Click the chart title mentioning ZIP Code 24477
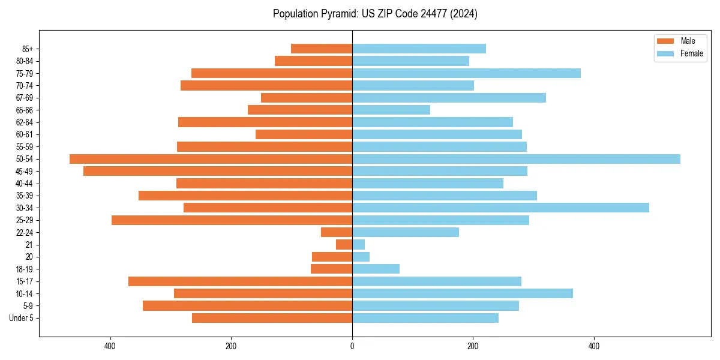click(x=375, y=14)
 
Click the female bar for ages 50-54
click(x=516, y=159)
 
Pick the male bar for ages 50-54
click(x=211, y=159)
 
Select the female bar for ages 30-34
click(x=500, y=208)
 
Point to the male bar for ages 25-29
click(x=232, y=220)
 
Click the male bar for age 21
click(x=344, y=245)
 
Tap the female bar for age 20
click(x=361, y=257)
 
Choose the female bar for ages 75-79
click(x=466, y=73)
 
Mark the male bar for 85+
click(x=322, y=49)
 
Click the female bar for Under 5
click(x=425, y=318)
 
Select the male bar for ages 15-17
click(x=240, y=281)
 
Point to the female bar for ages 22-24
click(x=406, y=232)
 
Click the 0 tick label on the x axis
click(x=352, y=346)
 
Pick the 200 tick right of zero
click(x=473, y=346)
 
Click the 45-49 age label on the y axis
click(x=25, y=171)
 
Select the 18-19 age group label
click(x=25, y=269)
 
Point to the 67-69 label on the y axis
click(x=25, y=98)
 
